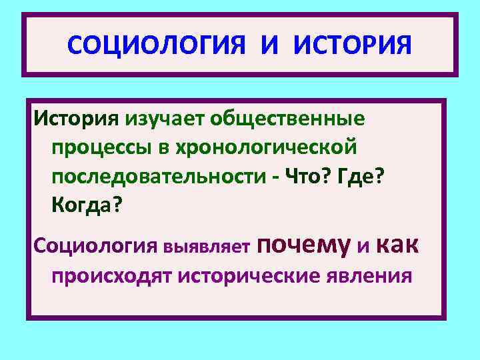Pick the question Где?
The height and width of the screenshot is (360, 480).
[362, 176]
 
